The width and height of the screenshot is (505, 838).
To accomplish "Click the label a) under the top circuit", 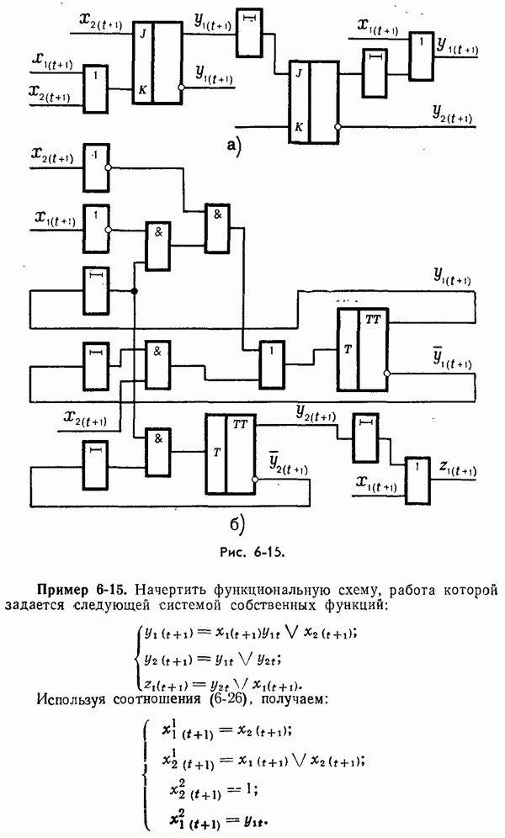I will tap(234, 146).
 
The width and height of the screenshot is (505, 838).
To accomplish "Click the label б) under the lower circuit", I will tap(237, 526).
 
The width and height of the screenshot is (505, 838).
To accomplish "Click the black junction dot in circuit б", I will tap(135, 291).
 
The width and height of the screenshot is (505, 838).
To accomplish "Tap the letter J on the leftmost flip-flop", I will tap(143, 34).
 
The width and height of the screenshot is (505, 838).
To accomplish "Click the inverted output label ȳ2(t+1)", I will tap(281, 463).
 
